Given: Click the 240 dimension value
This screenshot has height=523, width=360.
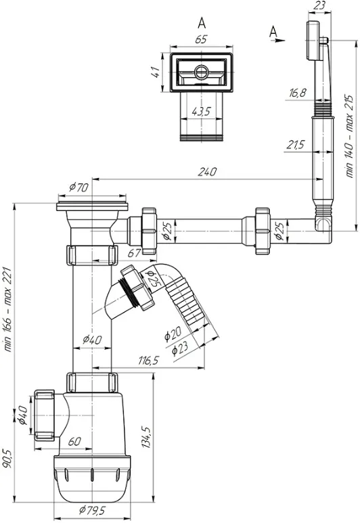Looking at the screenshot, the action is [207, 172].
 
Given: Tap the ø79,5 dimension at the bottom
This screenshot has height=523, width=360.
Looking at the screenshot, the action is [92, 510].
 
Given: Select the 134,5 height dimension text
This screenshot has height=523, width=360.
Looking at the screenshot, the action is [146, 436].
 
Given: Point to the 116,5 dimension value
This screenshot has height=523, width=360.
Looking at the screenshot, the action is [149, 361].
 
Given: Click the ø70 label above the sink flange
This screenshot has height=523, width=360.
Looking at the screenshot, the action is [78, 187].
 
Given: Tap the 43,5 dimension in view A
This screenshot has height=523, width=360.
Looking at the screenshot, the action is [201, 112].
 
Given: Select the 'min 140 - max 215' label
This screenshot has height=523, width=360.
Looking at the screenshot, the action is [349, 136].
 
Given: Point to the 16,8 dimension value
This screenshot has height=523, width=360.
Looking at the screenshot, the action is [297, 93].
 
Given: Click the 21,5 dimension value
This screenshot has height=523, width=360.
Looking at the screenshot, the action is [296, 145].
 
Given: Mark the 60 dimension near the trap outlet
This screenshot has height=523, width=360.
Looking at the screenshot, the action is [74, 441].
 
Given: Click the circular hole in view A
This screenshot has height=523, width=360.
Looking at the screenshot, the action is [201, 71].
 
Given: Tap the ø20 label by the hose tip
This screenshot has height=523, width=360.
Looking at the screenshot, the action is [173, 334].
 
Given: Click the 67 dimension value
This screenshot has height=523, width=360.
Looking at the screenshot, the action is [135, 253].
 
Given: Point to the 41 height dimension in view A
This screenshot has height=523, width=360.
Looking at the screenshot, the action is [156, 72].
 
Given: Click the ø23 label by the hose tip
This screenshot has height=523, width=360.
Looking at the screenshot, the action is [180, 348].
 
